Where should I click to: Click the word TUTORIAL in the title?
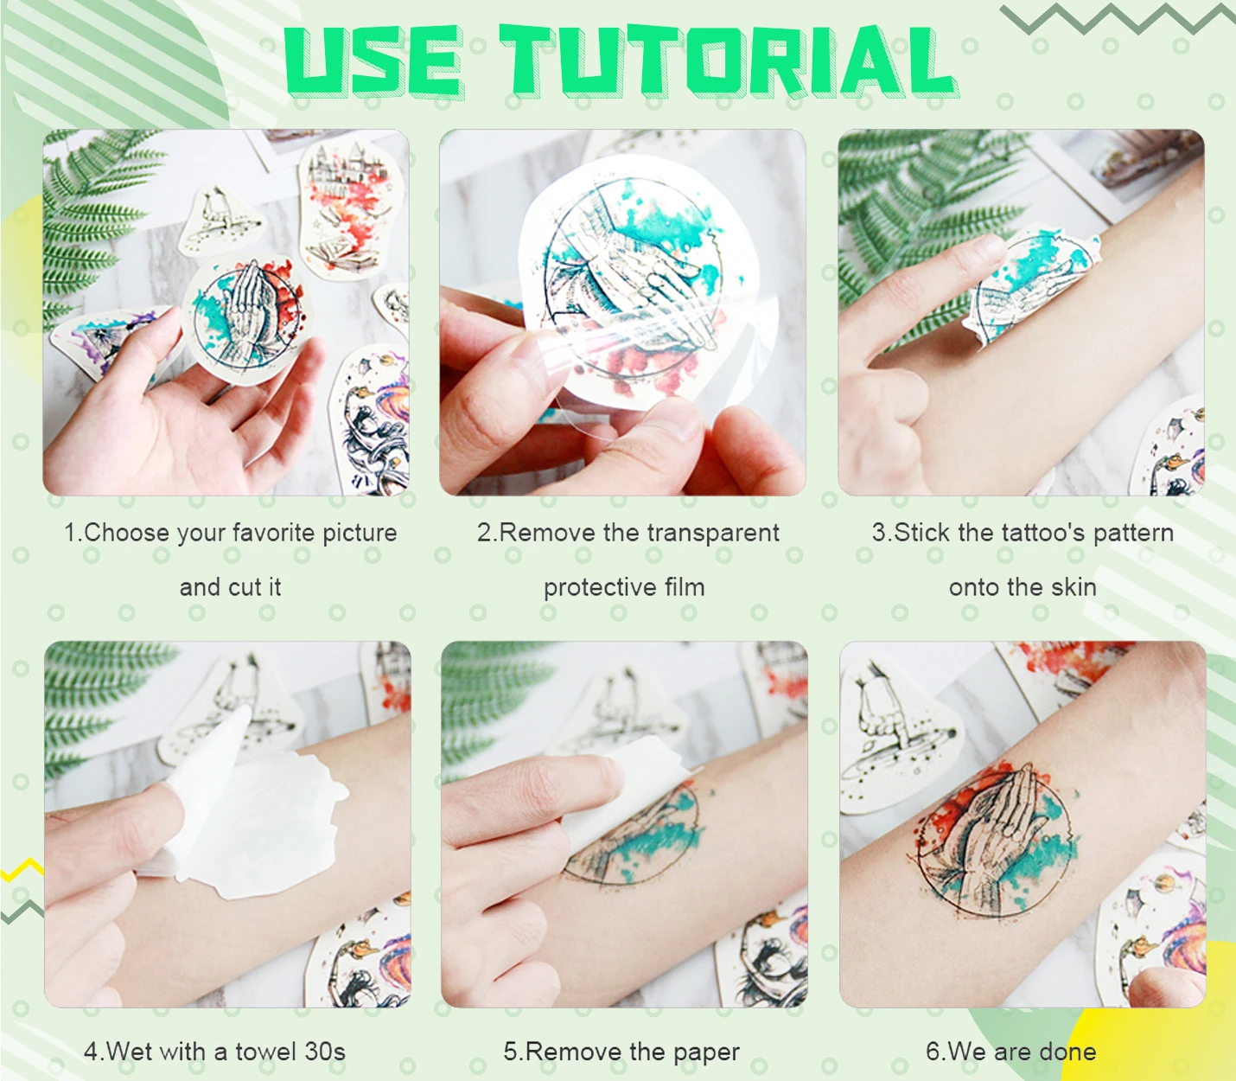tap(728, 61)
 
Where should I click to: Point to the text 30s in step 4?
tap(325, 1052)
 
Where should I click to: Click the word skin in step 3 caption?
tap(1074, 586)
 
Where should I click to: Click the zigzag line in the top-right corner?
tap(1118, 18)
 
